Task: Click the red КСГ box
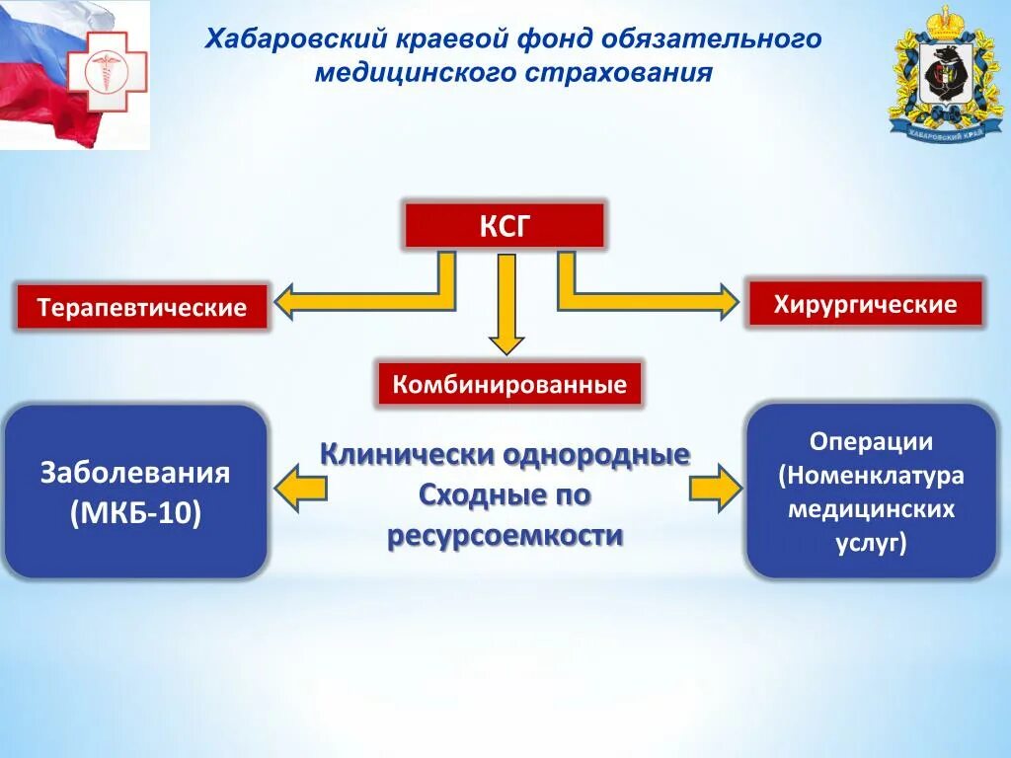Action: (504, 226)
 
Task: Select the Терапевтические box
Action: (142, 307)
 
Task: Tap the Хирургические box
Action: (865, 304)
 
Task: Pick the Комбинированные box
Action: (509, 384)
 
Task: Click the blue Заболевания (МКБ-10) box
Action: (136, 492)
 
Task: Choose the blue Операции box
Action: (871, 491)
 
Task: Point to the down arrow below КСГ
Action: (506, 306)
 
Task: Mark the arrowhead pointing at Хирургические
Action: (728, 301)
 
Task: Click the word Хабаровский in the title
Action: (273, 40)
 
